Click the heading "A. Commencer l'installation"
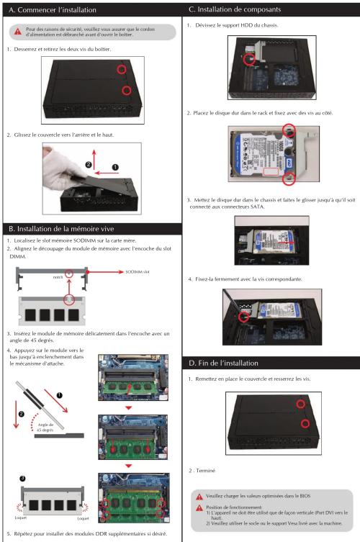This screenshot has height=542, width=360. (x=53, y=10)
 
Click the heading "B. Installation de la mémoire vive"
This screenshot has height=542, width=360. (x=61, y=229)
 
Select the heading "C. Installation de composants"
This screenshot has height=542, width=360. (x=235, y=9)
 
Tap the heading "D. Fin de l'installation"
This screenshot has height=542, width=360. (x=223, y=363)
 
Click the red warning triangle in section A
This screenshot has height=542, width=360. (x=17, y=32)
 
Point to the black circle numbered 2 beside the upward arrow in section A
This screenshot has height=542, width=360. (x=89, y=165)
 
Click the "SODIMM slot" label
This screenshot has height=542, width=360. (x=138, y=272)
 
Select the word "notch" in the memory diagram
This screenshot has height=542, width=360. (x=58, y=277)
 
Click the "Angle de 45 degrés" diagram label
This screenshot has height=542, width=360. (x=45, y=428)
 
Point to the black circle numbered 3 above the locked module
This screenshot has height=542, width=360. (x=22, y=479)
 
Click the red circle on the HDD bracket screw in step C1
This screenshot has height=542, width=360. (x=249, y=59)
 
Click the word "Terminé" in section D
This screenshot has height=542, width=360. (x=206, y=471)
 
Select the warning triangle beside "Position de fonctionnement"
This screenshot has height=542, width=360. (x=199, y=508)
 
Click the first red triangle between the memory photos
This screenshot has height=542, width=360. (x=129, y=408)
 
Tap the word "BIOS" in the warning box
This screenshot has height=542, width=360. (x=305, y=496)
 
